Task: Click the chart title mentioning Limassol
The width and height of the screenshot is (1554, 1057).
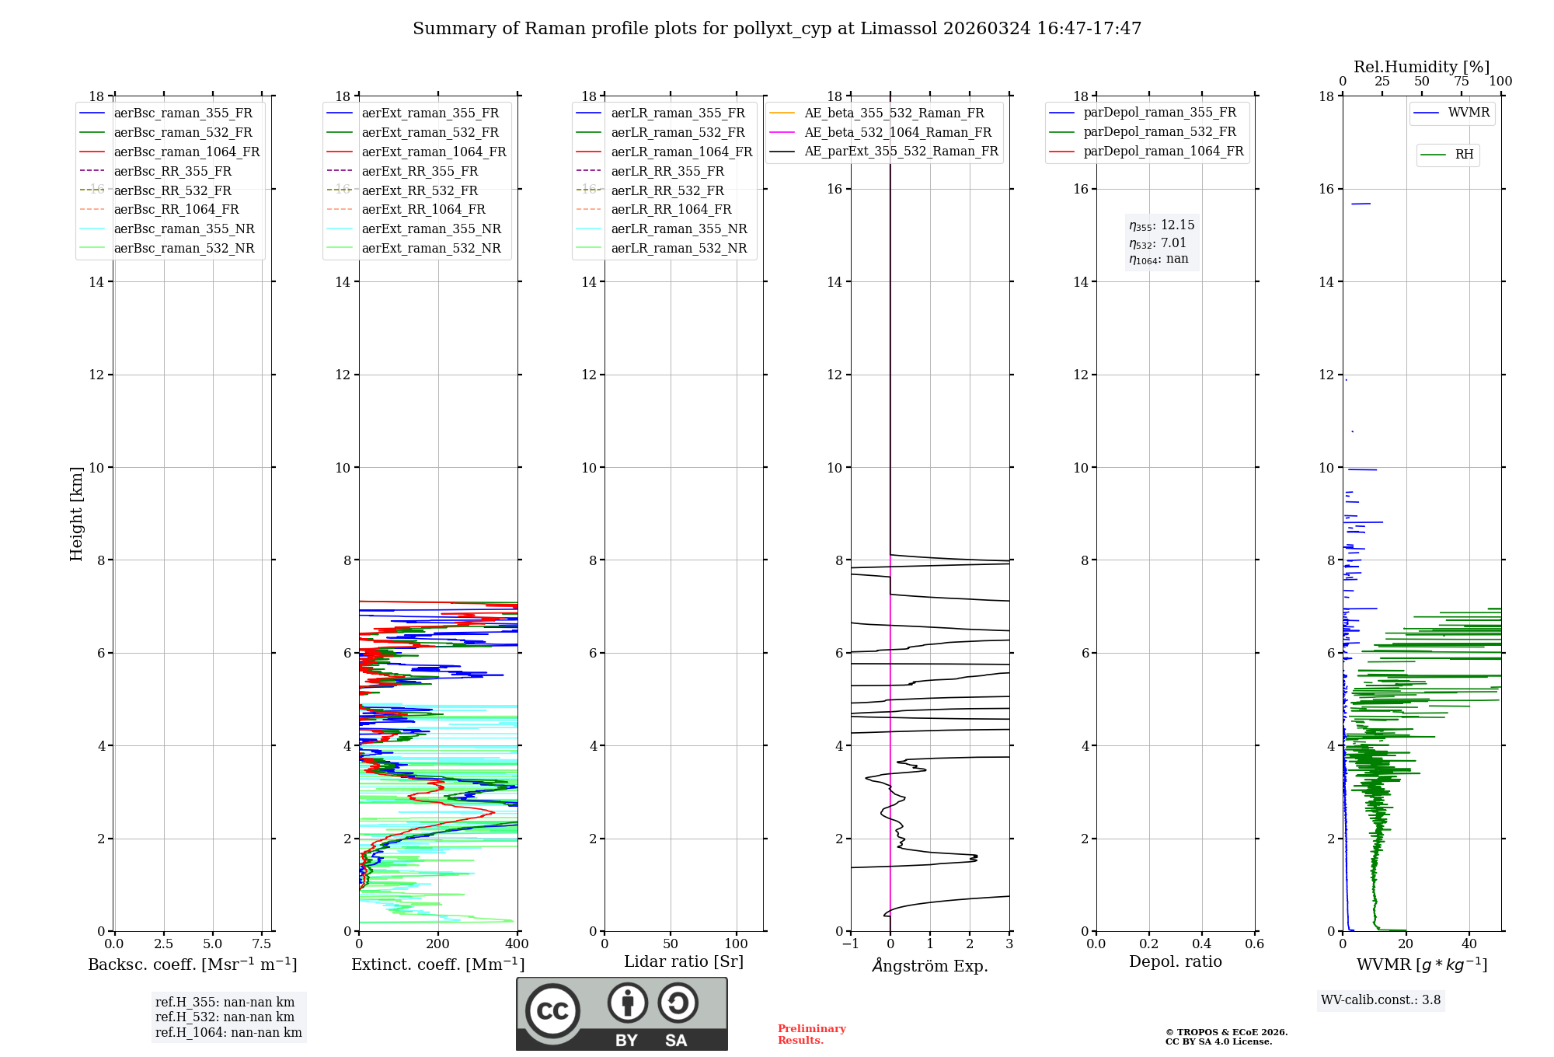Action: pos(777,29)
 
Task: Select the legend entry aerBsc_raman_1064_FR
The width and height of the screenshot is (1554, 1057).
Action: pos(186,152)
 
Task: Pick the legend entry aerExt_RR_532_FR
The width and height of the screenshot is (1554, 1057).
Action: pos(420,190)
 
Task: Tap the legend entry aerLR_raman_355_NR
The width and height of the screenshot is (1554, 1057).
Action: pos(678,228)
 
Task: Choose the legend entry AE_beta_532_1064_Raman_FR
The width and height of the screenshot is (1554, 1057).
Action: pos(897,132)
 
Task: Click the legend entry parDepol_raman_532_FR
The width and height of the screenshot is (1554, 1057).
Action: pos(1159,132)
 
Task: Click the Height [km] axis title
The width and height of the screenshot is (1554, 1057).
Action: pos(76,513)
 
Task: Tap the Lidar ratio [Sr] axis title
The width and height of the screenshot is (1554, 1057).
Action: pos(684,961)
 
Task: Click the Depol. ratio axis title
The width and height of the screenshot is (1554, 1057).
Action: pos(1175,961)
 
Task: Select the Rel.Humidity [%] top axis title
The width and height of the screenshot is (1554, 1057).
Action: pos(1421,67)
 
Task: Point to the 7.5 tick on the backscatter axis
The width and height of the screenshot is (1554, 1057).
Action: pos(262,944)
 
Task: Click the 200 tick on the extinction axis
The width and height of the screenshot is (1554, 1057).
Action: pos(438,944)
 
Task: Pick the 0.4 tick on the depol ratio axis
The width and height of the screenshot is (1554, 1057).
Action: pos(1201,944)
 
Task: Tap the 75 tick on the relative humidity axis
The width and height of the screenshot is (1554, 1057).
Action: pos(1461,81)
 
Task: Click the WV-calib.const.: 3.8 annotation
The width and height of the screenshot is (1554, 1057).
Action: pos(1381,999)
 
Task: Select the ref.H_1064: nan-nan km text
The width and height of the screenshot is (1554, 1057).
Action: pos(228,1032)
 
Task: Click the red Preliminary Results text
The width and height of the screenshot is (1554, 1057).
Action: pos(811,1034)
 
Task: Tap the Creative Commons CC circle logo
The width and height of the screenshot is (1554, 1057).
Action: pos(552,1010)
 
